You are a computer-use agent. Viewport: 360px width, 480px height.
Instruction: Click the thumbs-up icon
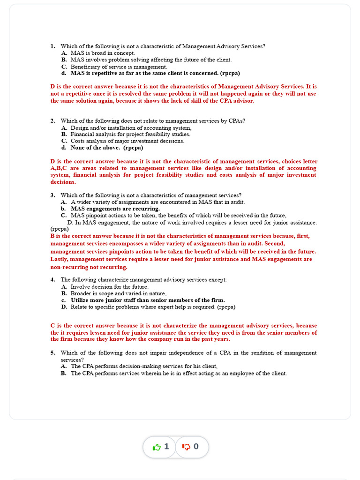(157, 447)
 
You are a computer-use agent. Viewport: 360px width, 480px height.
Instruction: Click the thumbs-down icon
(186, 447)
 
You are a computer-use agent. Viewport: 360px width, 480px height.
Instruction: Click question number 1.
(52, 46)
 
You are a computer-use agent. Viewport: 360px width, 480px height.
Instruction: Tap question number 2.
(52, 121)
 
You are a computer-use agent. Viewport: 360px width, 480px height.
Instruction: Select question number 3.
(52, 195)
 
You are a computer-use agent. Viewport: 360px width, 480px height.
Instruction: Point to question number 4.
(52, 280)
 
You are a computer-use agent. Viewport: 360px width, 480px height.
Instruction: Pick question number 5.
(52, 353)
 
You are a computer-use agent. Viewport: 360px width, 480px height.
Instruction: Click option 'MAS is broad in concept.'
(103, 53)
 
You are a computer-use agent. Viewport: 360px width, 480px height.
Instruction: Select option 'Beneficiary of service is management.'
(119, 67)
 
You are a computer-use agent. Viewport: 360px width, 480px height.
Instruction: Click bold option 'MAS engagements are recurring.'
(115, 209)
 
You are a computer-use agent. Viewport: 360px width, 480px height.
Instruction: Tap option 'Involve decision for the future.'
(109, 287)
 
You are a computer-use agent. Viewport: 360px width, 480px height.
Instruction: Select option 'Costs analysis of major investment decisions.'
(127, 141)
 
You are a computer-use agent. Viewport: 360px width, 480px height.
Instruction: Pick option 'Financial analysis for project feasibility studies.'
(130, 135)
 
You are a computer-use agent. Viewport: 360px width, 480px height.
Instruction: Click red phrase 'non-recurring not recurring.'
(89, 267)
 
